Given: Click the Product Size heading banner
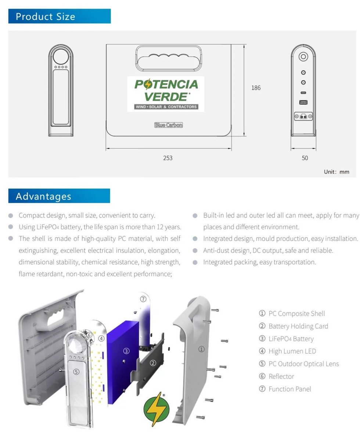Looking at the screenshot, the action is click(60, 16).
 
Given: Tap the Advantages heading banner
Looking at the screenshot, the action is click(59, 196).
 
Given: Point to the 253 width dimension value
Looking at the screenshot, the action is click(168, 158).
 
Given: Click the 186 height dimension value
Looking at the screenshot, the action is click(256, 87).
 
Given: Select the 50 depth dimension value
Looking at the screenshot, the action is click(305, 158).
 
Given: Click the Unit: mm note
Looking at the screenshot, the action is click(336, 172).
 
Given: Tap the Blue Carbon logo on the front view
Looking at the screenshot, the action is click(169, 125).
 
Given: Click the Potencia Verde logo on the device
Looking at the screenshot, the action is click(166, 94).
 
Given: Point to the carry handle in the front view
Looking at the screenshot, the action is click(169, 59).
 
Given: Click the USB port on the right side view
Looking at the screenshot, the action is click(303, 102).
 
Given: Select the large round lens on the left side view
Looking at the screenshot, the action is click(61, 57).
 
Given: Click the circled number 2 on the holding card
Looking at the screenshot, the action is click(153, 363).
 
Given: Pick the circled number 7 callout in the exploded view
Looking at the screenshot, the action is click(143, 299).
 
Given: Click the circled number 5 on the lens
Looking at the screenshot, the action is click(76, 372).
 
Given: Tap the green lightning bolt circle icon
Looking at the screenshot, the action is click(156, 409).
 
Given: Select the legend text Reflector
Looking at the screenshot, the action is click(281, 376).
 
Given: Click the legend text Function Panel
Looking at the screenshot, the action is click(290, 389).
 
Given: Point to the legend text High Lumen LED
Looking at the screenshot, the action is click(292, 351).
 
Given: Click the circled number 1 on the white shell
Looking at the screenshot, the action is click(201, 349).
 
